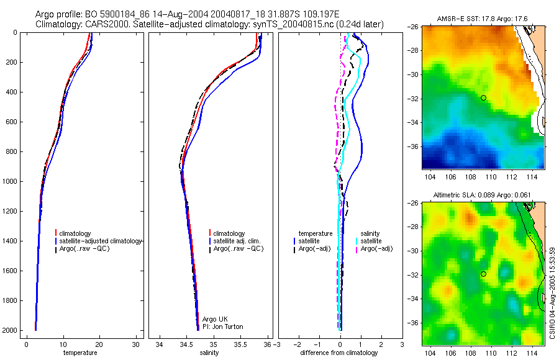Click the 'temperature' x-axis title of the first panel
[x=80, y=353]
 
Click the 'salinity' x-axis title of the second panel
[x=209, y=353]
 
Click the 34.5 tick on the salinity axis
[x=186, y=344]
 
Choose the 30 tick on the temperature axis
[x=135, y=344]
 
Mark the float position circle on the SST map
[x=483, y=97]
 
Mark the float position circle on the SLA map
[x=483, y=274]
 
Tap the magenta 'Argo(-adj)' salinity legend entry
[x=376, y=248]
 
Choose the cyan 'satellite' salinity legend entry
[x=371, y=241]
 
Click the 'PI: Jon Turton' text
[x=222, y=326]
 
